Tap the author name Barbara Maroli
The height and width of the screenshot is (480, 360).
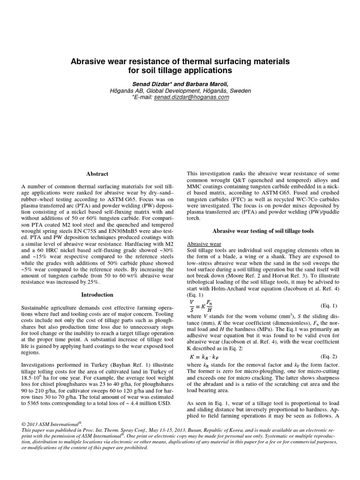[x=204, y=83]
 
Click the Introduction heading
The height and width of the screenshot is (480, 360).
[x=97, y=295]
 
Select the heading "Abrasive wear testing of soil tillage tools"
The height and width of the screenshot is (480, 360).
[x=263, y=231]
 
